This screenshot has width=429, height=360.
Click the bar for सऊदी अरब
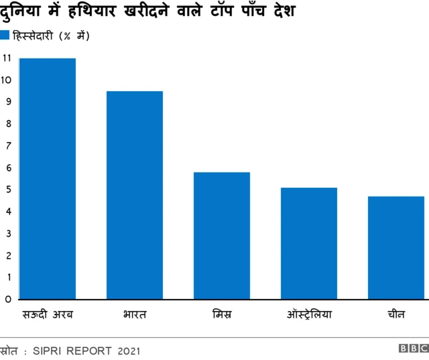point(48,178)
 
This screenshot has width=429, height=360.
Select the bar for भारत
point(135,195)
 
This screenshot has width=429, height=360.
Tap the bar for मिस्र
point(222,235)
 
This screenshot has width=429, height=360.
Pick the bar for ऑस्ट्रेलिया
point(309,243)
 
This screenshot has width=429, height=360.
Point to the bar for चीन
point(395,247)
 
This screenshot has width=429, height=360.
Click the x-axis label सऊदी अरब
point(48,314)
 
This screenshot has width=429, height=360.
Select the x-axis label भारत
point(135,314)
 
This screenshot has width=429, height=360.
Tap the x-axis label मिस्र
point(222,314)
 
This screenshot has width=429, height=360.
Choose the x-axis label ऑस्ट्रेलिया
point(309,314)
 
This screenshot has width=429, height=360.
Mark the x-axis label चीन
point(395,314)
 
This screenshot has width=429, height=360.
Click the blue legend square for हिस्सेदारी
point(5,36)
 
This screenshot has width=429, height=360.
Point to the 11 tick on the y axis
point(7,58)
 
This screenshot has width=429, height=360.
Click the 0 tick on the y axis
point(7,299)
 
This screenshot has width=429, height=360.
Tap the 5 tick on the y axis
point(7,190)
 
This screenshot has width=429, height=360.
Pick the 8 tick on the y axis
point(7,124)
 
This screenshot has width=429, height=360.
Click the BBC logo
point(412,349)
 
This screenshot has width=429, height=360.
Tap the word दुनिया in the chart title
point(22,12)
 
